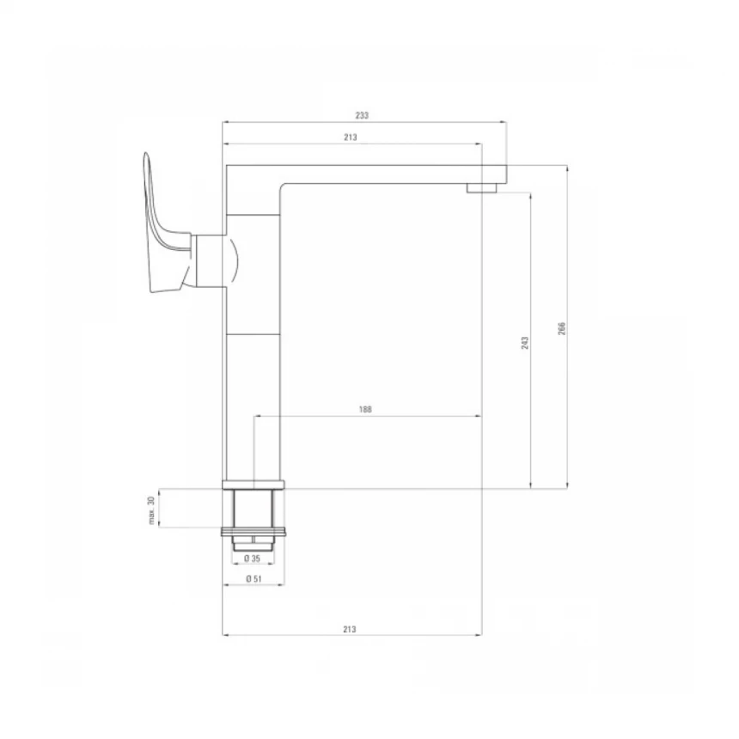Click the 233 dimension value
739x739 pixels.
tap(362, 114)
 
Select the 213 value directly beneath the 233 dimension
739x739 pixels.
tap(350, 137)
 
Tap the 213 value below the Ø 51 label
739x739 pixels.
tap(350, 629)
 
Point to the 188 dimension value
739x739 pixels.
tap(365, 410)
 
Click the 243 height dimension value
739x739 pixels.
tap(524, 342)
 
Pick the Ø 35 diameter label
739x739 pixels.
tap(253, 559)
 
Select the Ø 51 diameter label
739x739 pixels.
tap(253, 579)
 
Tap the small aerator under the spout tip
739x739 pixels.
tap(483, 186)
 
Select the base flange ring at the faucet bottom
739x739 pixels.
tap(253, 484)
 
